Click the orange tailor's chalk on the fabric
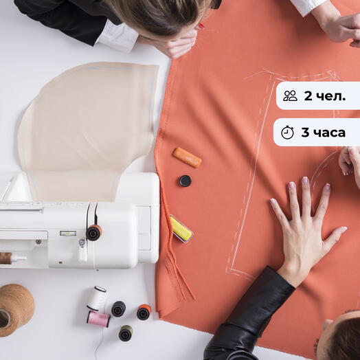click(187, 157)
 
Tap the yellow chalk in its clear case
click(181, 229)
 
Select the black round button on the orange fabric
click(185, 181)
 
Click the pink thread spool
click(98, 319)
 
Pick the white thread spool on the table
click(97, 298)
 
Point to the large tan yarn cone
click(16, 310)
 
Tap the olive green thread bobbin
click(126, 333)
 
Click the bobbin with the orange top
click(144, 312)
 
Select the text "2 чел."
click(325, 95)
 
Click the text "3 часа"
click(324, 133)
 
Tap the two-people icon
click(290, 95)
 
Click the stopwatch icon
click(287, 132)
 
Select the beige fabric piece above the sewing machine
click(87, 128)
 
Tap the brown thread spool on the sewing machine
click(5, 258)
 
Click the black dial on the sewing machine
click(93, 233)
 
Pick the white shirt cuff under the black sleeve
click(117, 36)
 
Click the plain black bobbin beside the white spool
click(118, 308)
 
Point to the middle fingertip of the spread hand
click(305, 180)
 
